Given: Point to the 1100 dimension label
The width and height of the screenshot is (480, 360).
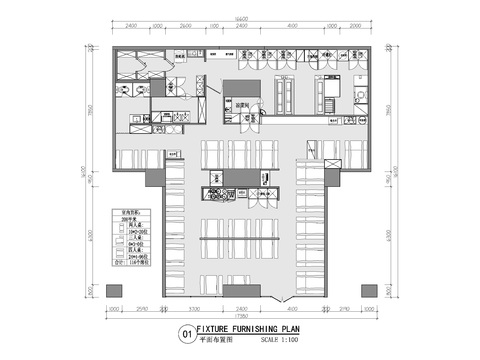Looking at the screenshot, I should tap(212, 26).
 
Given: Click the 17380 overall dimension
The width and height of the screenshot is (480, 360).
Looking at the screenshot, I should tap(240, 317).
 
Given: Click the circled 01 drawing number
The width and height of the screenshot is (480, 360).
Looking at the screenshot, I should tap(185, 333).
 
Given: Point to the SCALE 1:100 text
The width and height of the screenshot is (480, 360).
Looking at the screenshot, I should tap(276, 337).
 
